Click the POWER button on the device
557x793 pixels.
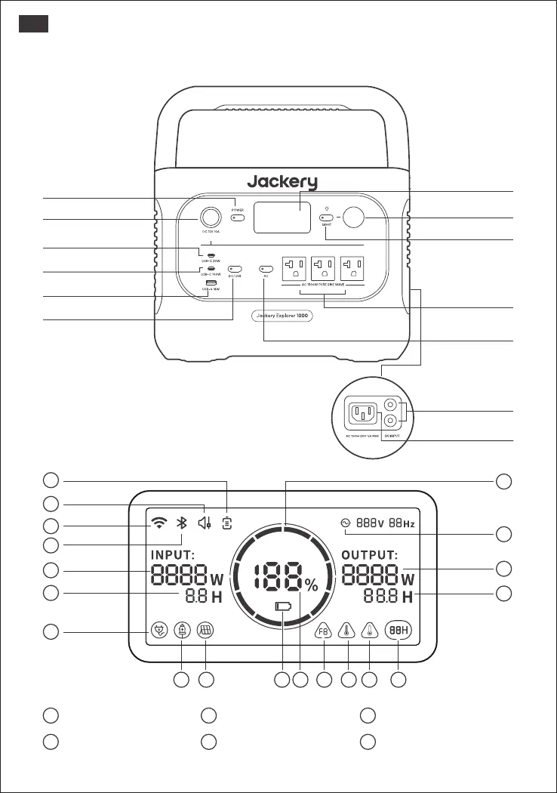pos(238,218)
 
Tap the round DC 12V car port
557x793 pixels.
pos(211,218)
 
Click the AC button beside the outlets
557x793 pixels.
pos(265,268)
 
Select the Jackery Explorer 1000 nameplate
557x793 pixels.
pos(282,315)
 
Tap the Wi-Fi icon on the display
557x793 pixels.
pos(158,522)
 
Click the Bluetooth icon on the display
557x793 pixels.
pos(181,522)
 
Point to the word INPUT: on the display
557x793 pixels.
pos(174,554)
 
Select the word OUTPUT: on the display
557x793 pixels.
pos(376,554)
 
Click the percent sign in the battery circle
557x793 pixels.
pos(311,586)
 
